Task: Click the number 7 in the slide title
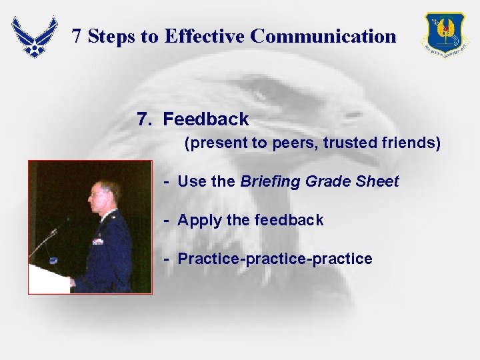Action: pyautogui.click(x=77, y=36)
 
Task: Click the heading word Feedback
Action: pyautogui.click(x=205, y=119)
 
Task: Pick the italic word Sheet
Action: pyautogui.click(x=378, y=181)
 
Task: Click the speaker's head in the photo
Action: pyautogui.click(x=106, y=196)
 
